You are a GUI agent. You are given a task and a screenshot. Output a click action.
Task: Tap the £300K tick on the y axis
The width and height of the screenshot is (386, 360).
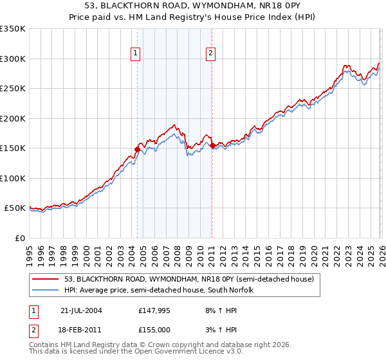(x=13, y=59)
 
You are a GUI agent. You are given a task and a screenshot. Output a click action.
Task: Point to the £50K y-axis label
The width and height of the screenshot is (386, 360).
(x=15, y=208)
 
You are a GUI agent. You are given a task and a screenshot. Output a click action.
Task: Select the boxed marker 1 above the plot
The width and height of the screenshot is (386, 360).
(x=136, y=54)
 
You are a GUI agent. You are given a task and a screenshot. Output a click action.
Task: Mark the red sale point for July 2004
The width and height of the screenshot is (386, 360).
(x=137, y=149)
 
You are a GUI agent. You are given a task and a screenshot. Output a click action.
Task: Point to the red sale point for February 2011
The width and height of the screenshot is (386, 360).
(x=212, y=146)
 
